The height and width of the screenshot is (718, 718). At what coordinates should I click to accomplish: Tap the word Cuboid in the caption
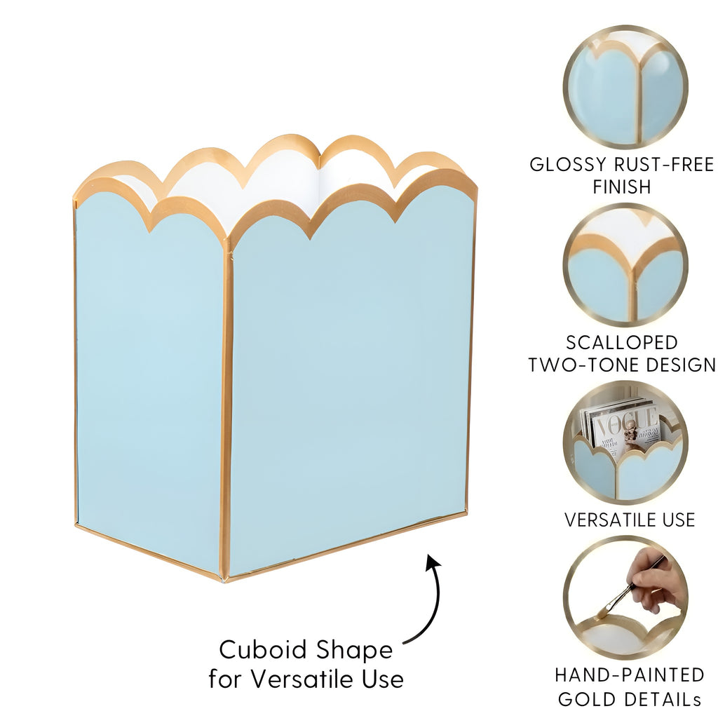pos(262,649)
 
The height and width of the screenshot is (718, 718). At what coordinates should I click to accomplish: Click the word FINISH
pos(621,187)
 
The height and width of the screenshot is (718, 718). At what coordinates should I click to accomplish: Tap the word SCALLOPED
pos(622,342)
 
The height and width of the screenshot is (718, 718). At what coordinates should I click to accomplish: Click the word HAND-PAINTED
pos(630,675)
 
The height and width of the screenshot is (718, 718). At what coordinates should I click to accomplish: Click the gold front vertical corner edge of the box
pos(226,409)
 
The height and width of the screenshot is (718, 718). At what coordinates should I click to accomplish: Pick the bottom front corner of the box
pos(224,580)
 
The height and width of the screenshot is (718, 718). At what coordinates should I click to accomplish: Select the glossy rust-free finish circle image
pos(625,86)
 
